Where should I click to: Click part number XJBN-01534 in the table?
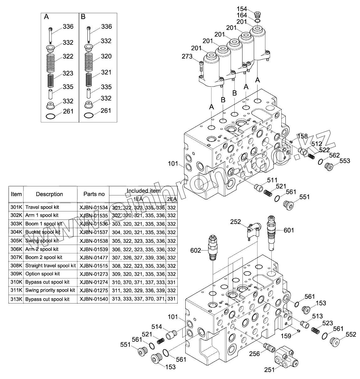(x=93, y=207)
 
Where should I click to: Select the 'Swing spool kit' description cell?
(x=42, y=241)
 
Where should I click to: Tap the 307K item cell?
(x=16, y=257)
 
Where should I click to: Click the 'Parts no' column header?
(x=94, y=194)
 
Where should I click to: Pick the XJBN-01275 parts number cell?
(x=93, y=291)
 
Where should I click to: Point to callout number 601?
(x=289, y=230)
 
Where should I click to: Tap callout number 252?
(x=236, y=222)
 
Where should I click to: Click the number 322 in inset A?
(x=68, y=56)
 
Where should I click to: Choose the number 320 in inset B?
(x=106, y=56)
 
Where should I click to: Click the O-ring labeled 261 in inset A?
(x=50, y=117)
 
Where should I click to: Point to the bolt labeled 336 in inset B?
(x=89, y=35)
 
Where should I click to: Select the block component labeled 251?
(x=286, y=357)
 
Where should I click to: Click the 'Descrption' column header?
(x=50, y=194)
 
